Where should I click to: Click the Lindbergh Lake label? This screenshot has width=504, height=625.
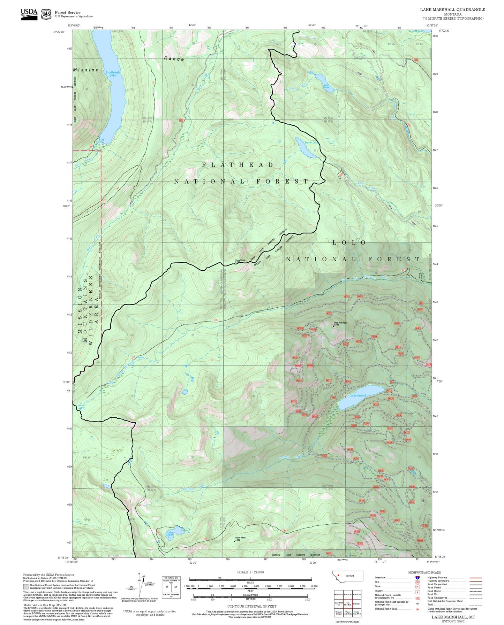click(113, 74)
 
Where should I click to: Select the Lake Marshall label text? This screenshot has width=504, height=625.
click(359, 395)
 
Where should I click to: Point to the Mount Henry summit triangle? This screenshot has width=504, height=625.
click(235, 541)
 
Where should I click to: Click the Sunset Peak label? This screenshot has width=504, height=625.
click(240, 260)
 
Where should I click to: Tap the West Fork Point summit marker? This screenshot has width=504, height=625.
click(333, 326)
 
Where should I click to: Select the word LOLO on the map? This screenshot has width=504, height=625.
click(348, 242)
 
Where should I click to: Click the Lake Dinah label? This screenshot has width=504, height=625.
click(170, 533)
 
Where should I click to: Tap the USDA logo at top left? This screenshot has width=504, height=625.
click(29, 14)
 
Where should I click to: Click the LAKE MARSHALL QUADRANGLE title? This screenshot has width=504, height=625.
click(452, 10)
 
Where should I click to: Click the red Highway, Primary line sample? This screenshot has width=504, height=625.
click(475, 578)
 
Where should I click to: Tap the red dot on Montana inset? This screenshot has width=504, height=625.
click(338, 575)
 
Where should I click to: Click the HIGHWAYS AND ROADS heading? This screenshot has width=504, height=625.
click(424, 572)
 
